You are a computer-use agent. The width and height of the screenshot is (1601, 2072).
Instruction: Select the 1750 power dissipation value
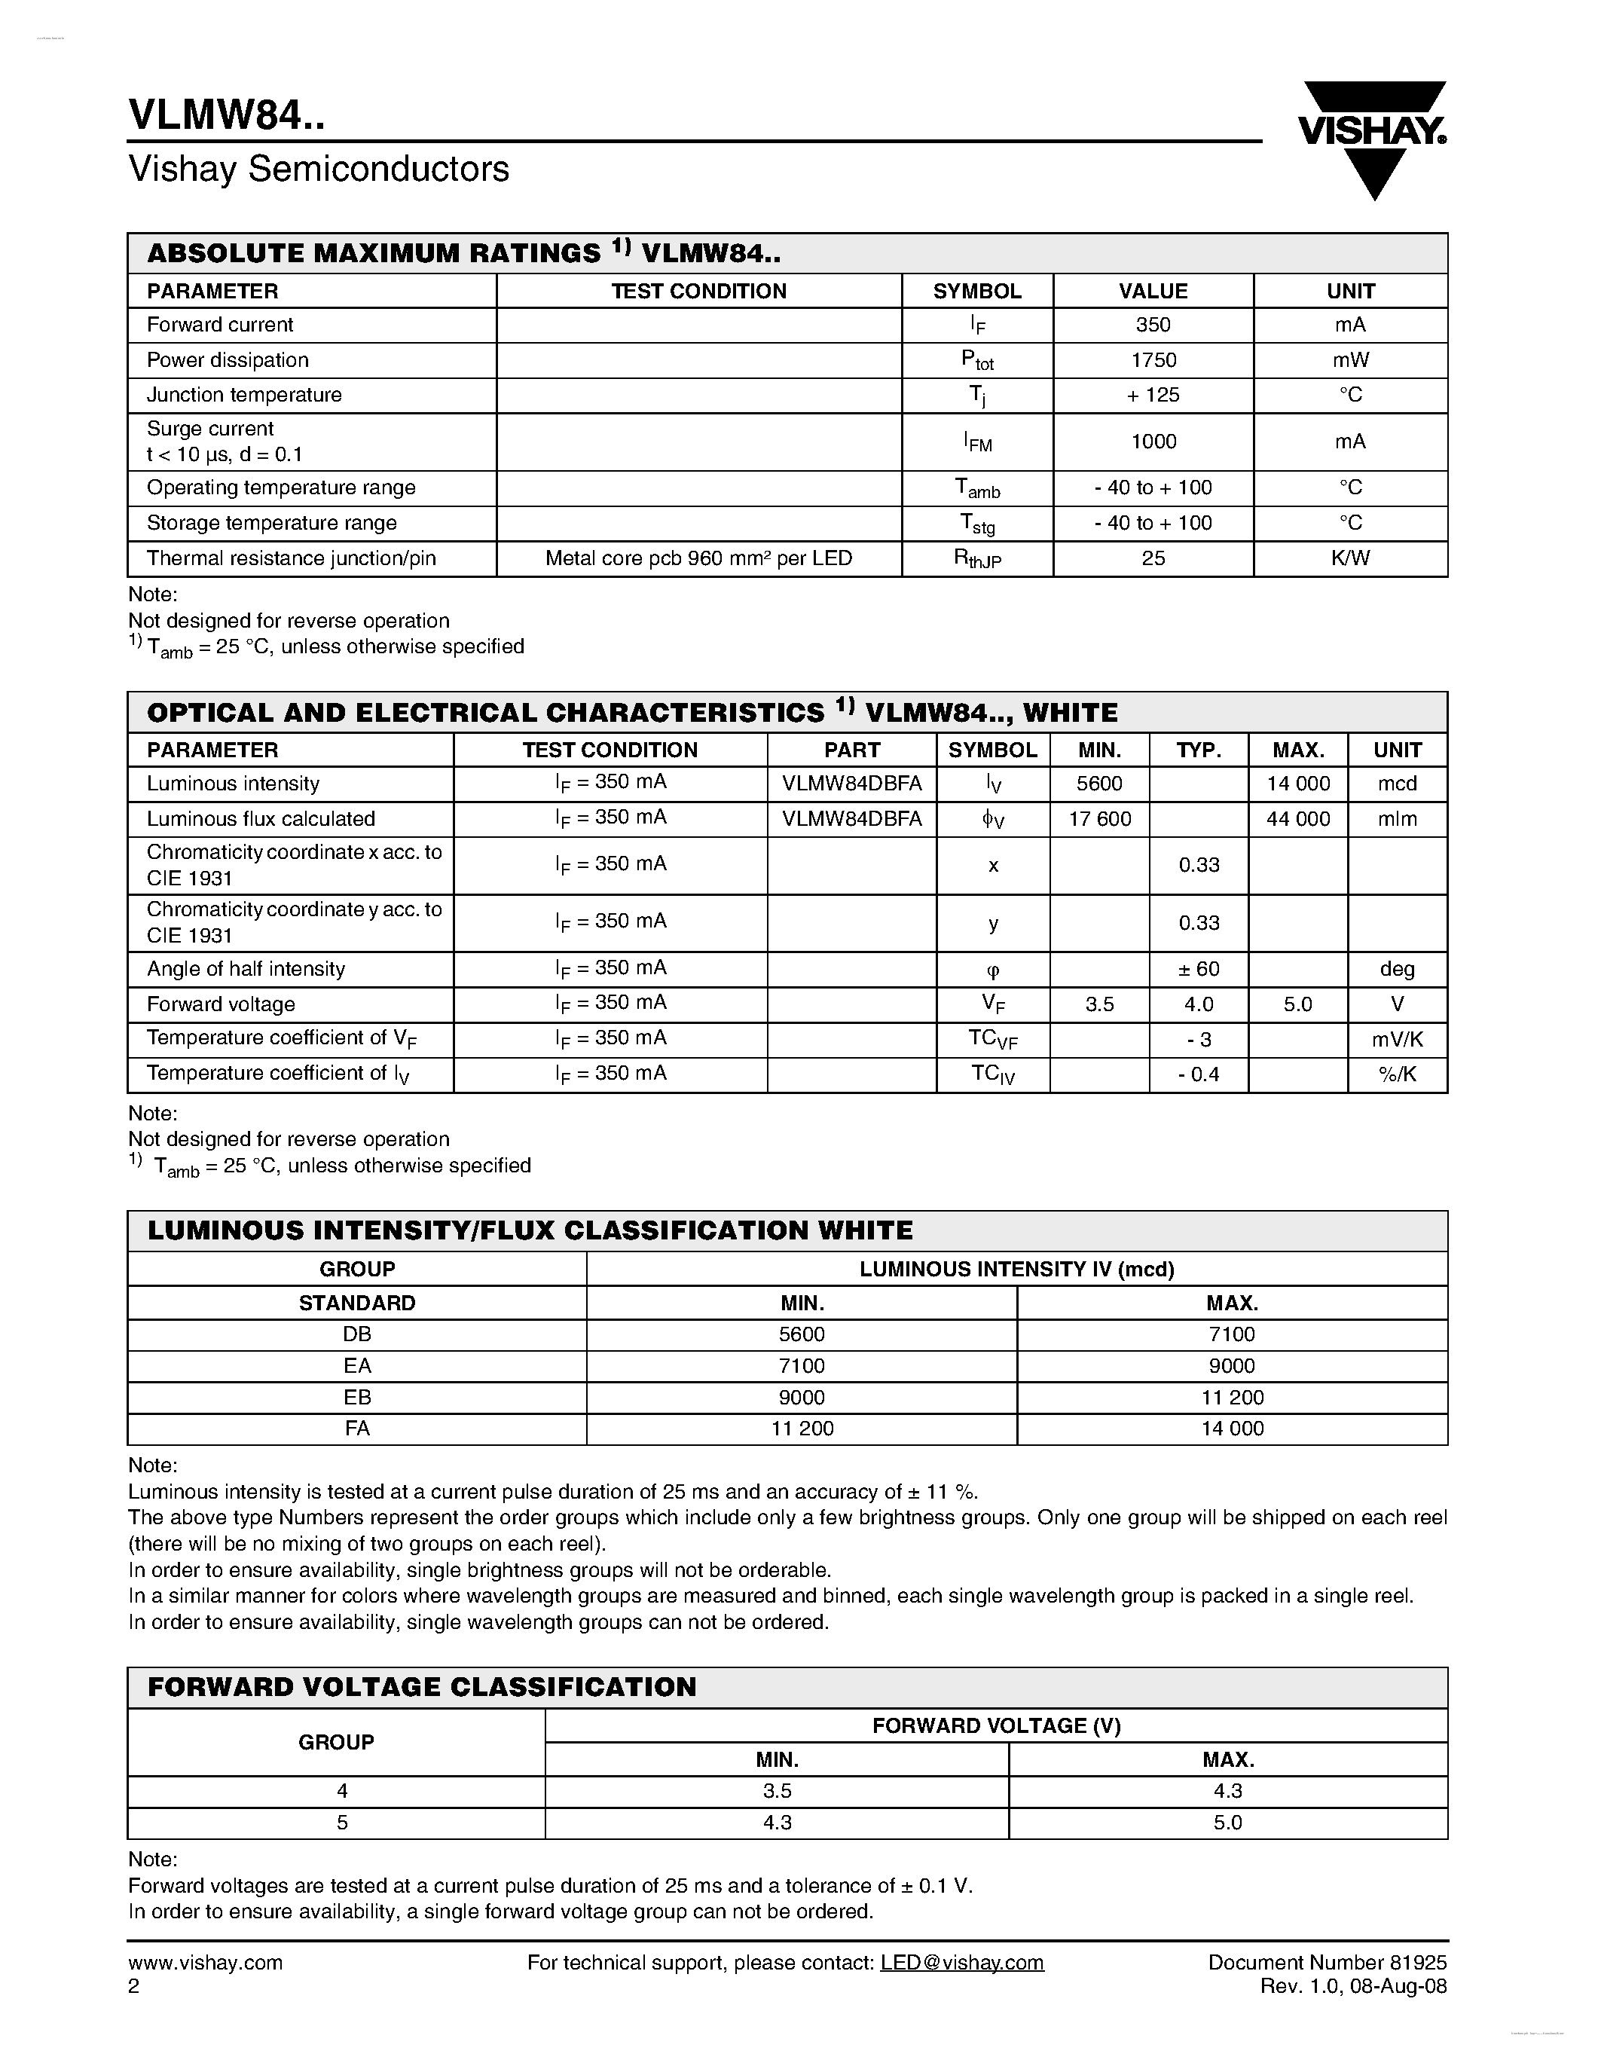[1153, 360]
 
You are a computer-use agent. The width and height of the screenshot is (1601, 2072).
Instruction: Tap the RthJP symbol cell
[977, 559]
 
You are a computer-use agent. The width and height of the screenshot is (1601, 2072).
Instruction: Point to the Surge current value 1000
[1153, 442]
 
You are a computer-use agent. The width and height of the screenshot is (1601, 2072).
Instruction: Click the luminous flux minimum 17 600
[1099, 820]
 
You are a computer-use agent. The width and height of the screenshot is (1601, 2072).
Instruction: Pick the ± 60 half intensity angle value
[1198, 970]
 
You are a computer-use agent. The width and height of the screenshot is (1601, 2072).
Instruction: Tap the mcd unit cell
[1397, 784]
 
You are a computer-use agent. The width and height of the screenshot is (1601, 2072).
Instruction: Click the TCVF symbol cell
[992, 1040]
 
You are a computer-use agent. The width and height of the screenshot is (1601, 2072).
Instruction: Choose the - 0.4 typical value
[1198, 1075]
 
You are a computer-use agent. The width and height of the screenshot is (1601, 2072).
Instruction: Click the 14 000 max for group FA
[1232, 1429]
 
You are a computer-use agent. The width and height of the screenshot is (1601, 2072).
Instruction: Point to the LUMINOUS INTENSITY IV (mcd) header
[1017, 1270]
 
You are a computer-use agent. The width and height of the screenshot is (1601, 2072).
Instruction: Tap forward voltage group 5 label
[341, 1823]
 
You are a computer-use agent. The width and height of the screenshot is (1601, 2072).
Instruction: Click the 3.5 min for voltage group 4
[777, 1791]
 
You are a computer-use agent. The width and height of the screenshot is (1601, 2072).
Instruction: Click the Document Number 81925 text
[1327, 1963]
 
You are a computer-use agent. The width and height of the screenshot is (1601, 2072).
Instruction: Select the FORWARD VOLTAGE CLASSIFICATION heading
[422, 1687]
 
